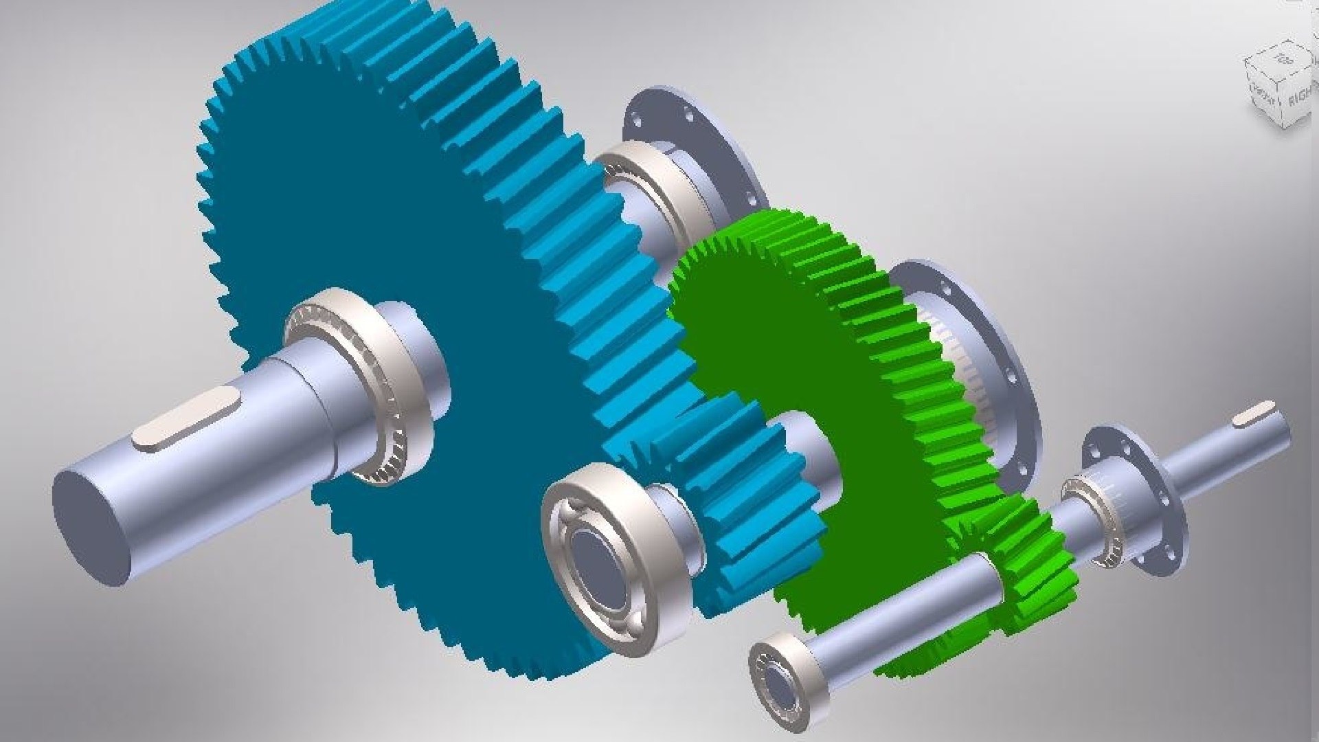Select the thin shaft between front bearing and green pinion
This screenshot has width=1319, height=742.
pos(907,605)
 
